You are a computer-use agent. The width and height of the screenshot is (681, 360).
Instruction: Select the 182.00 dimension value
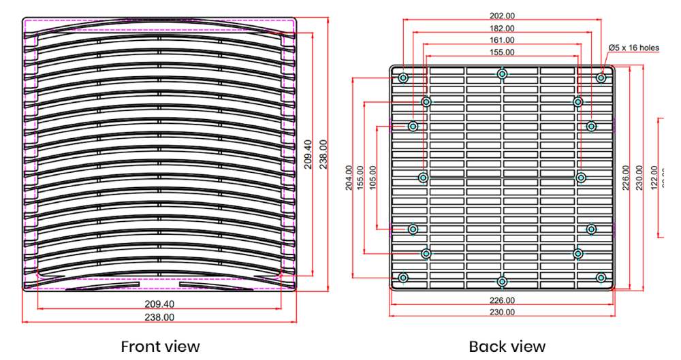coord(502,28)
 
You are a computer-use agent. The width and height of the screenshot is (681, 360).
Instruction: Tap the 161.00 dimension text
coord(502,40)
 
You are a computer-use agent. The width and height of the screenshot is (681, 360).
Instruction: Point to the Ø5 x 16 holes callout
coord(634,48)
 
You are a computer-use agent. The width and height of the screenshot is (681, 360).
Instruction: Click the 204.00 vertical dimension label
coord(350,178)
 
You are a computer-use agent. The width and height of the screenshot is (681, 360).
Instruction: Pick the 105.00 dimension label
coord(373,178)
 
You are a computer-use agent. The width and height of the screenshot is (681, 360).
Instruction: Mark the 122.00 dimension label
coord(655,178)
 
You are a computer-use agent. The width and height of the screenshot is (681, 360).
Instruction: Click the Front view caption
coord(160,346)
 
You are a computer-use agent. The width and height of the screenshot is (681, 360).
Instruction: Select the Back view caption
coord(507,346)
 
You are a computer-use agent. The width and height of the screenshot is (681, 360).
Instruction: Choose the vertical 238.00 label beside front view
coord(323,154)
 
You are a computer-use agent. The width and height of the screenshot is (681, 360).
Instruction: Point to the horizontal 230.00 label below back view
coord(502,312)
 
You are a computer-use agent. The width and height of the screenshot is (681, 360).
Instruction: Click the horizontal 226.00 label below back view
coord(502,300)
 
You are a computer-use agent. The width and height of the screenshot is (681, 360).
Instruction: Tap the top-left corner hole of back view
coord(403,78)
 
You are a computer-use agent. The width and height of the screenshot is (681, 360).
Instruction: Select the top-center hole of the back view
coord(502,73)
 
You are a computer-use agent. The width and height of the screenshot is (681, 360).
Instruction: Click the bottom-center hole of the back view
coord(502,281)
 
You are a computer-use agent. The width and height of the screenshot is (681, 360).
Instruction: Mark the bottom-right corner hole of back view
coord(601,277)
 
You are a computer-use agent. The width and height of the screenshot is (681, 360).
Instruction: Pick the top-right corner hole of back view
coord(601,78)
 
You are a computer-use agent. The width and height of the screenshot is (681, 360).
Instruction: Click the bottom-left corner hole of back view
coord(403,277)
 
